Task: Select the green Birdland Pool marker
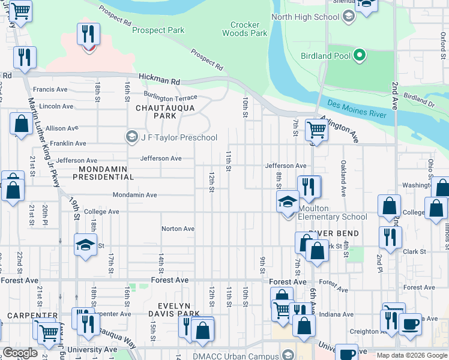click(360, 56)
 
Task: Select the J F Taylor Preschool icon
click(131, 137)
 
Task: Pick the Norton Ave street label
click(178, 229)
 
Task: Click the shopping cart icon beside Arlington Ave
click(316, 128)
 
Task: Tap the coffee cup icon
click(411, 324)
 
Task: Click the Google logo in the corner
click(20, 353)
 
